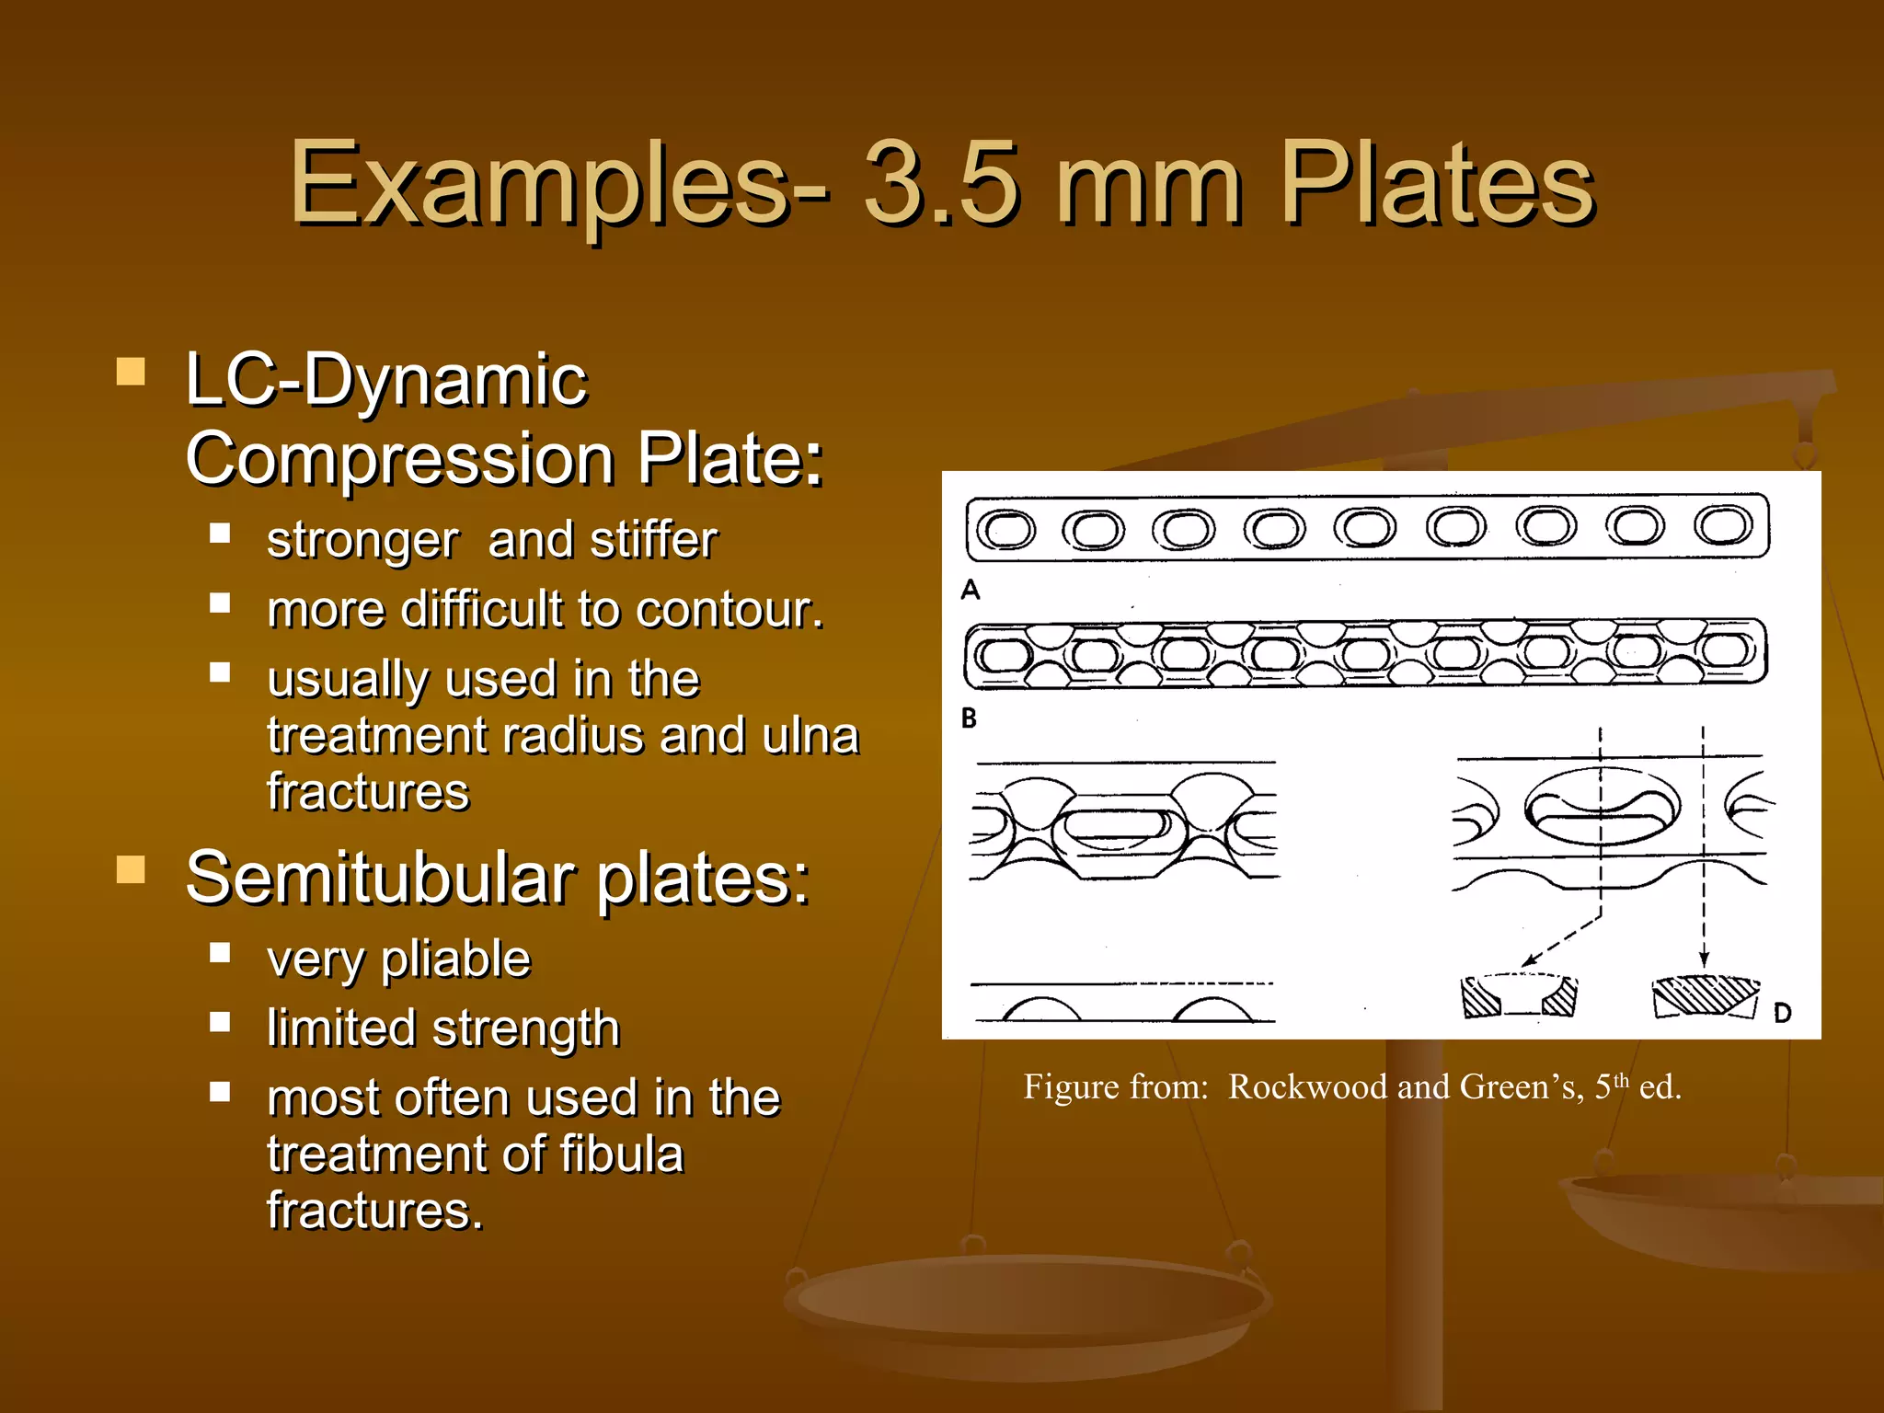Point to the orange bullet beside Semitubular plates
[131, 869]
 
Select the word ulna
[810, 736]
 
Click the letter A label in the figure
[971, 590]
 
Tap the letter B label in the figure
[969, 718]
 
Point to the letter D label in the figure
[1782, 1013]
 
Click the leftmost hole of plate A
[1005, 529]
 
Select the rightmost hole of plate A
[1724, 525]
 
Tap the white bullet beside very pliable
[220, 952]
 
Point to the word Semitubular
[383, 879]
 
